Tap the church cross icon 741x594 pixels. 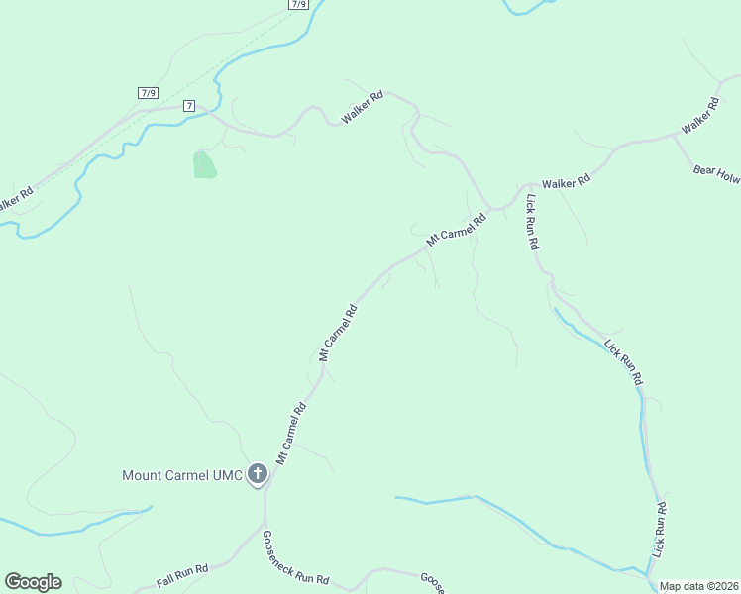pyautogui.click(x=258, y=474)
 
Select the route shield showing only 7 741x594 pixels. pyautogui.click(x=189, y=105)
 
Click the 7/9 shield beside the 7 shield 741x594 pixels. pyautogui.click(x=149, y=93)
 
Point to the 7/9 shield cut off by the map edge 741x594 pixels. pyautogui.click(x=299, y=4)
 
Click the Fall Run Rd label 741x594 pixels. pyautogui.click(x=182, y=575)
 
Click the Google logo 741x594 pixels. pyautogui.click(x=33, y=582)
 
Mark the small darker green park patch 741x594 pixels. pyautogui.click(x=204, y=164)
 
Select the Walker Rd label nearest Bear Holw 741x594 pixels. pyautogui.click(x=699, y=117)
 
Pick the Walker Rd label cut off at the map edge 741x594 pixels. pyautogui.click(x=16, y=198)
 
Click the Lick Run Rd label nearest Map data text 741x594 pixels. pyautogui.click(x=660, y=529)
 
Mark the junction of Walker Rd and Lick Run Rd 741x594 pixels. pyautogui.click(x=525, y=186)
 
